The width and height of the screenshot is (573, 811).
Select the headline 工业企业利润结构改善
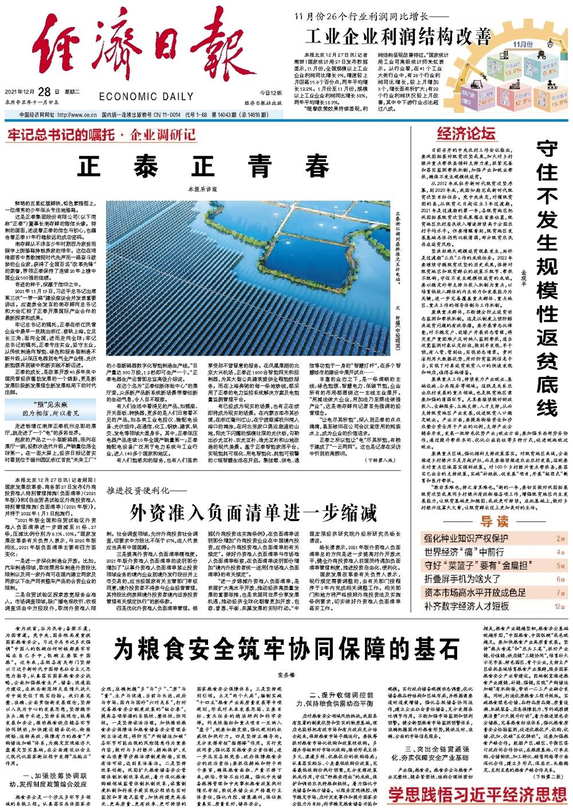pos(398,37)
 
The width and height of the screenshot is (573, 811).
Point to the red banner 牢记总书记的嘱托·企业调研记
pos(101,135)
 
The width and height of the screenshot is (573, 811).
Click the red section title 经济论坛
pos(466,134)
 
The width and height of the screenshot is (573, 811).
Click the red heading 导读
pos(494,521)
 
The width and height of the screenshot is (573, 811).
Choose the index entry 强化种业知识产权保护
pos(466,538)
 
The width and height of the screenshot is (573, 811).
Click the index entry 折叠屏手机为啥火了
pos(462,579)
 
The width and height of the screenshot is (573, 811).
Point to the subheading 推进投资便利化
pos(138,491)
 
